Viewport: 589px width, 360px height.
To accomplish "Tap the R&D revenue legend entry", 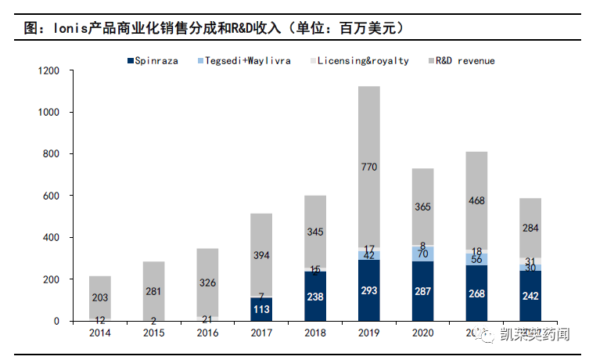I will (x=465, y=60).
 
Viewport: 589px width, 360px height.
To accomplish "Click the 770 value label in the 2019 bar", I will (x=368, y=167).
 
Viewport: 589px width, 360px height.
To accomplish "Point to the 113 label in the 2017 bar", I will (x=261, y=308).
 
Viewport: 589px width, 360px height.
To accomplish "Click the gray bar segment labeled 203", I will (x=100, y=297).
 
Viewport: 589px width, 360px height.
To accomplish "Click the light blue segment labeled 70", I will (x=422, y=254).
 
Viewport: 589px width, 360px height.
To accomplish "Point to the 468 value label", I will (x=476, y=201).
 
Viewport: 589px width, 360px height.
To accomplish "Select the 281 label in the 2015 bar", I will (x=154, y=291).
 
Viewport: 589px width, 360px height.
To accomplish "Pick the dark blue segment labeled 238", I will (x=315, y=296).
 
